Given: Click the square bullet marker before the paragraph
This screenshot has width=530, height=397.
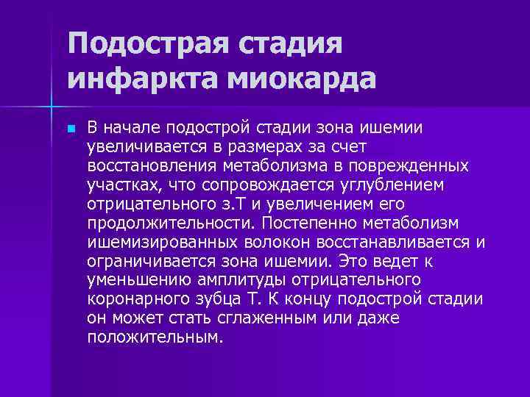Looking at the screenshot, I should [70, 128].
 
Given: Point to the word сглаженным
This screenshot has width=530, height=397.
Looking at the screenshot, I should [221, 318].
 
